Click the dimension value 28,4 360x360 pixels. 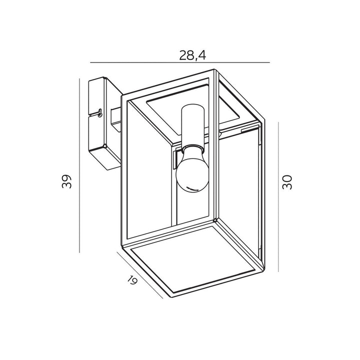[192, 55]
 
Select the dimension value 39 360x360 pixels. [67, 181]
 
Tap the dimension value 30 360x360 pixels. [287, 182]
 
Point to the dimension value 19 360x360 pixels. [132, 280]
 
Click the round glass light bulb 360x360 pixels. [192, 169]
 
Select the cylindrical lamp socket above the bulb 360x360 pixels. [192, 124]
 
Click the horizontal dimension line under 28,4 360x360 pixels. [180, 62]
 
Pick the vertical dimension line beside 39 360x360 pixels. [79, 165]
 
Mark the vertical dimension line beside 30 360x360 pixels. [278, 197]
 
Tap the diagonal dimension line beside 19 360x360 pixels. [140, 275]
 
